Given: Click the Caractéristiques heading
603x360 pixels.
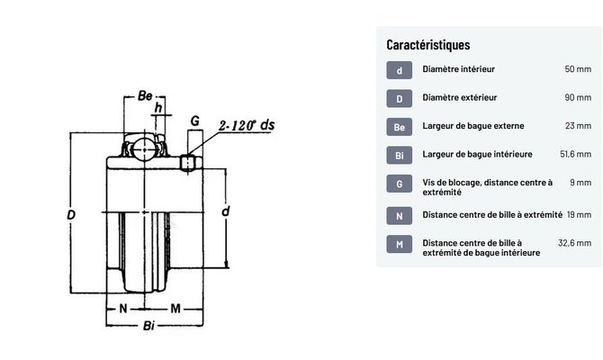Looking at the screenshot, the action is click(428, 45).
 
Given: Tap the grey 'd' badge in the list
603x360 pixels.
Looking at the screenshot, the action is click(400, 70).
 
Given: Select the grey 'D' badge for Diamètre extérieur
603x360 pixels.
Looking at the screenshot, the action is click(400, 98).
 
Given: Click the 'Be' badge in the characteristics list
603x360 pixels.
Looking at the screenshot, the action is click(400, 127).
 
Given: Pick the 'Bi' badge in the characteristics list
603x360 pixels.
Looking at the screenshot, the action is click(400, 156).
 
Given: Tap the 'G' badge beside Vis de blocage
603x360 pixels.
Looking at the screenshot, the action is click(400, 184).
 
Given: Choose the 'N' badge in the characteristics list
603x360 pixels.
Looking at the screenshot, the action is click(400, 216).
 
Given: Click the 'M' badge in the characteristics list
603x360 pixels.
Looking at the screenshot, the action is click(400, 244).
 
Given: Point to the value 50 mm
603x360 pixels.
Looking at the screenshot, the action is click(578, 69).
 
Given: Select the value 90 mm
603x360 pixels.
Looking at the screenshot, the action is click(578, 97).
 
